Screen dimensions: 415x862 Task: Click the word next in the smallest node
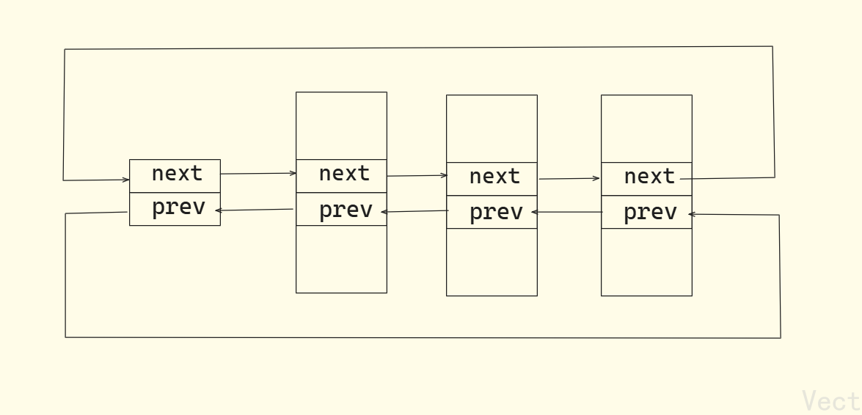click(x=177, y=174)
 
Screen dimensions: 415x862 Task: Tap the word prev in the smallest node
click(x=178, y=207)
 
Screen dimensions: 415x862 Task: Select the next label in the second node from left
click(x=344, y=174)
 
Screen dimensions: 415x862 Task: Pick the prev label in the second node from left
click(x=346, y=210)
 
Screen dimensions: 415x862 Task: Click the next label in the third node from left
click(x=494, y=177)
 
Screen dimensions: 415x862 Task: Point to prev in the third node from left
click(x=496, y=212)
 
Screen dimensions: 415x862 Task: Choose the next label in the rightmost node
click(x=649, y=177)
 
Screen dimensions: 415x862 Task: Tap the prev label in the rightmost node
click(x=650, y=213)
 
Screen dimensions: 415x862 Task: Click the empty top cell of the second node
click(x=341, y=125)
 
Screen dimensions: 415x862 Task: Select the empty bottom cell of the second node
click(x=341, y=259)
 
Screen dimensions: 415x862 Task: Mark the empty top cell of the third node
click(x=492, y=128)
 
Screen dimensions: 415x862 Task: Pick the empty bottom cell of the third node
click(x=492, y=262)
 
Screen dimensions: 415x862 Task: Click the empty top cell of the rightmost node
click(x=646, y=128)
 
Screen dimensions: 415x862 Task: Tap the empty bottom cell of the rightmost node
click(x=646, y=262)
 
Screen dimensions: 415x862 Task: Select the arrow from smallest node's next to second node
click(x=258, y=174)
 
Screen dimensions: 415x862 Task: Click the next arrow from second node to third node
click(x=417, y=176)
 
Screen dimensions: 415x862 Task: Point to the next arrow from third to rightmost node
click(x=569, y=178)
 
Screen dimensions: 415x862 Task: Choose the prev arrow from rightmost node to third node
click(x=568, y=212)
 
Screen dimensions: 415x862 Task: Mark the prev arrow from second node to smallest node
click(x=255, y=210)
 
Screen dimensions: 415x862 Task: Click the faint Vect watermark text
click(x=831, y=401)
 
